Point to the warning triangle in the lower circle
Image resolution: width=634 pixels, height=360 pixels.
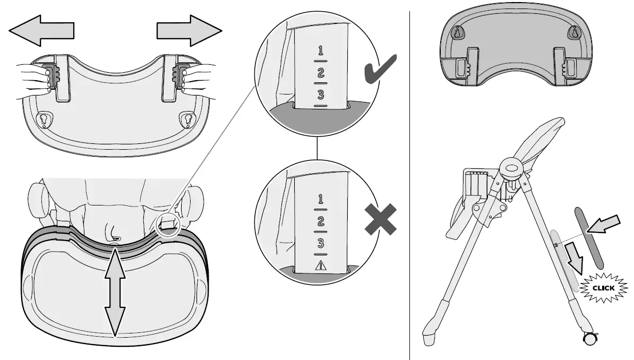(320, 266)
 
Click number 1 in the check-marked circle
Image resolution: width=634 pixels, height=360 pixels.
(320, 52)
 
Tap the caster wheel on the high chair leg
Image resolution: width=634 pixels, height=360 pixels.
(589, 338)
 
